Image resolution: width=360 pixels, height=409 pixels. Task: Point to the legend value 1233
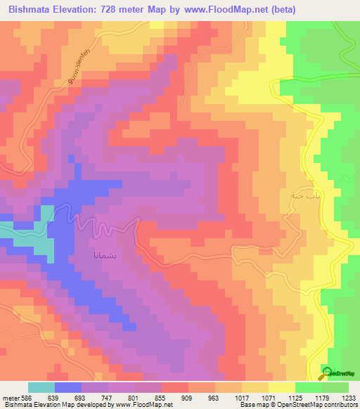349,397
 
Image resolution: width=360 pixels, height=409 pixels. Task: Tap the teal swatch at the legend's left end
41,387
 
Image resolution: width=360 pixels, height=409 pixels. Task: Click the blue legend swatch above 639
68,387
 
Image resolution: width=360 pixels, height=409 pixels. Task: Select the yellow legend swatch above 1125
282,387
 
